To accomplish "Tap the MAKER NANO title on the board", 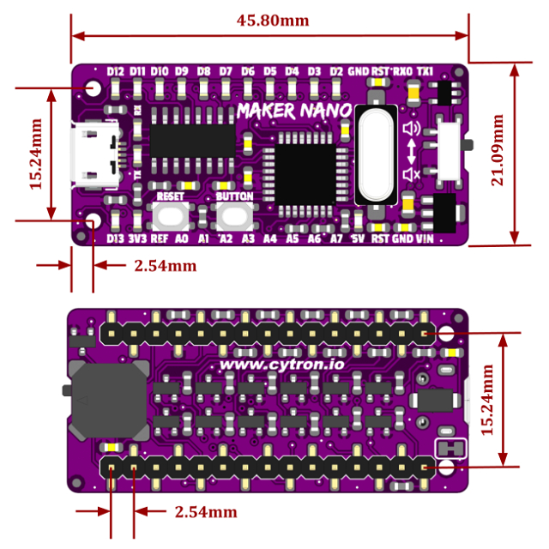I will [x=293, y=112].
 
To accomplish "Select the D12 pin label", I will [x=117, y=71].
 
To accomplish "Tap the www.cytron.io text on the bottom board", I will [x=282, y=364].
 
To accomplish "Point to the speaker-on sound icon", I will [x=413, y=130].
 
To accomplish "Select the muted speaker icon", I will [x=413, y=176].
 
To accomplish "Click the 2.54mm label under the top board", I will [x=166, y=266].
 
